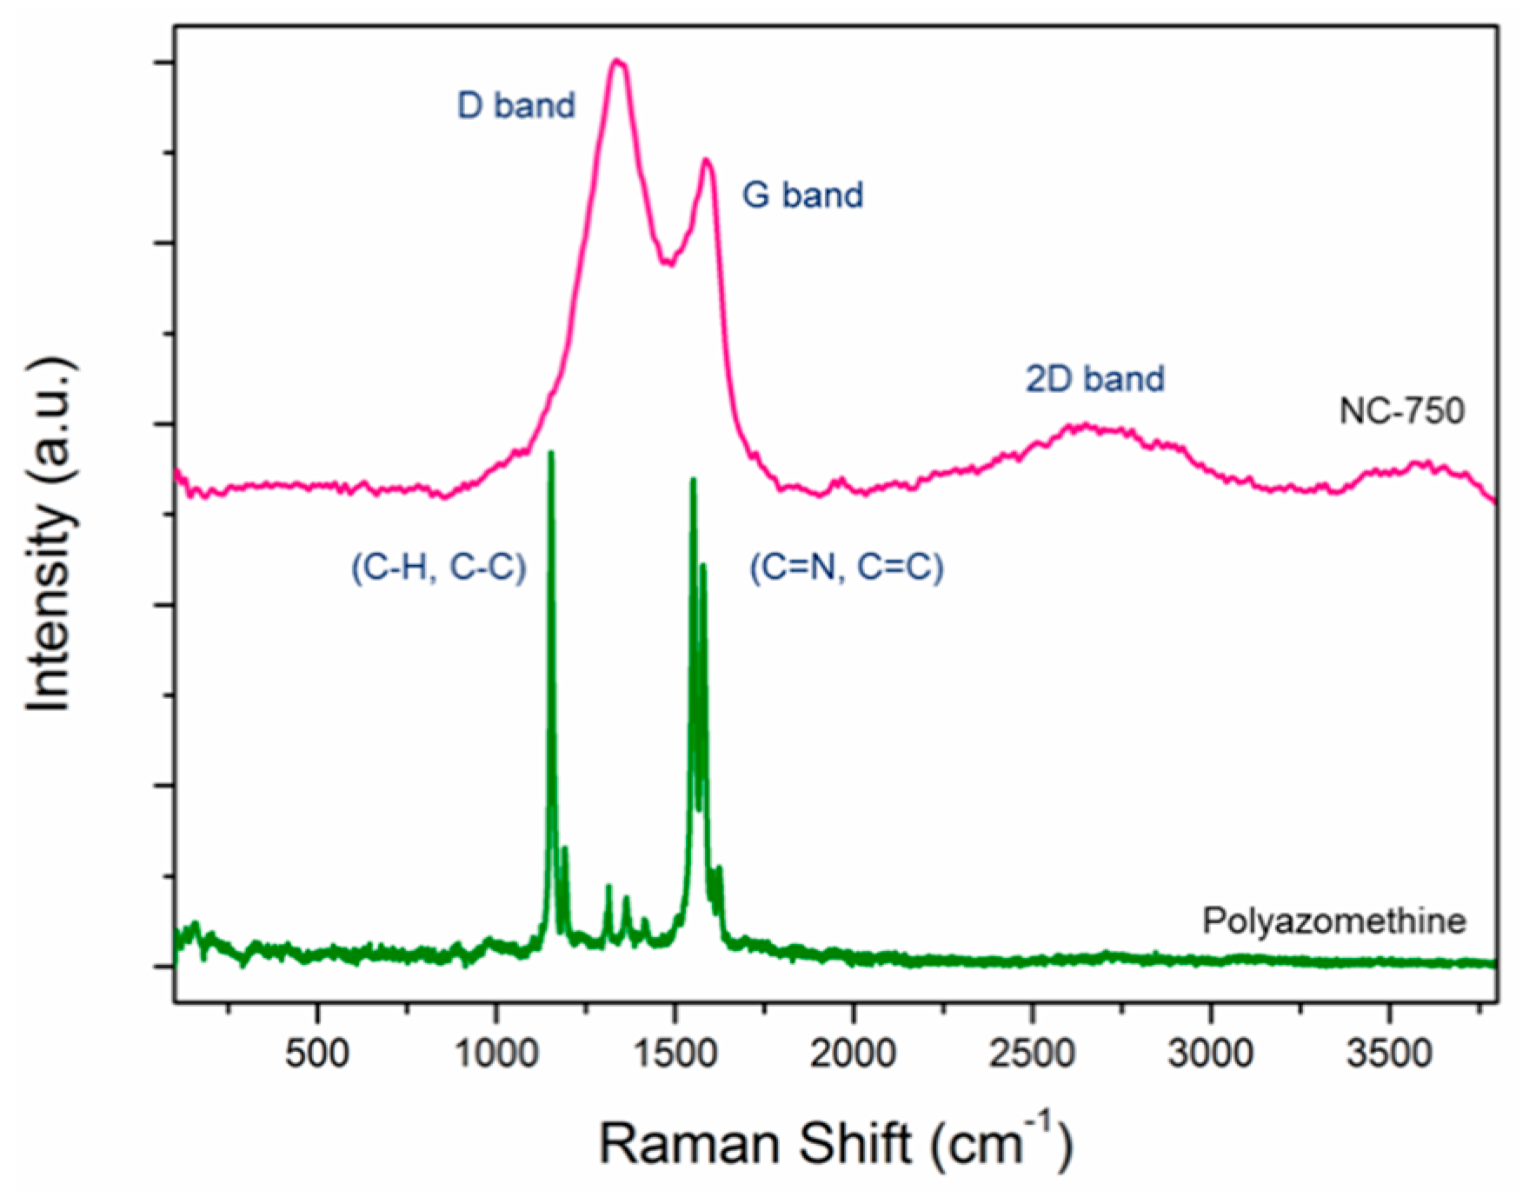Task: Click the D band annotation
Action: point(516,105)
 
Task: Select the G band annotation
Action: point(802,194)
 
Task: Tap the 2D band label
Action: point(1095,379)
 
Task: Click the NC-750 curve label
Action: point(1401,410)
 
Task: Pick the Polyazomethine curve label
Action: point(1334,921)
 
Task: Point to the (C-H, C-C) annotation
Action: point(439,567)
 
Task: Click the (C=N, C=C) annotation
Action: point(847,567)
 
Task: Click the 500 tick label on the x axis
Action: point(317,1054)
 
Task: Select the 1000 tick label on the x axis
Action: point(496,1054)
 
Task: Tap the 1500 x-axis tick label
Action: point(675,1054)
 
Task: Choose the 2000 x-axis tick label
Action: point(854,1054)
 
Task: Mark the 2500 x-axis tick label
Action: point(1032,1054)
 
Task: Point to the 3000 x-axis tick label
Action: point(1210,1054)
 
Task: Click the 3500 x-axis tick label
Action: point(1389,1054)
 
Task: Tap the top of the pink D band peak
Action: point(617,61)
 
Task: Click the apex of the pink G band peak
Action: point(707,160)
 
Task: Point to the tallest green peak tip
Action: point(550,453)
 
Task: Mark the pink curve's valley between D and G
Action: point(668,263)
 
